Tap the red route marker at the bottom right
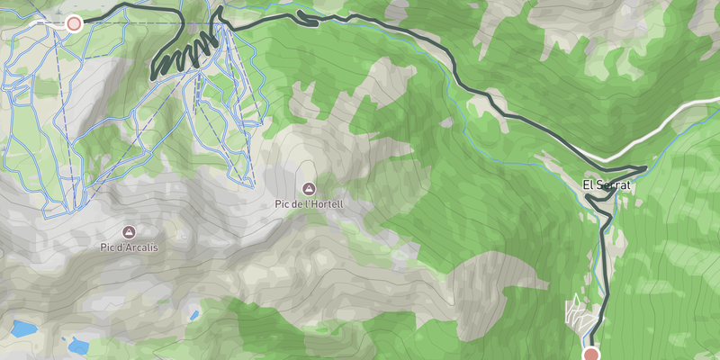pyautogui.click(x=591, y=354)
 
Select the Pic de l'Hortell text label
pyautogui.click(x=310, y=204)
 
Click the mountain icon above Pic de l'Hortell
pyautogui.click(x=310, y=189)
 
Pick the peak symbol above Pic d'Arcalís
pyautogui.click(x=130, y=230)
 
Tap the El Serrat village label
pyautogui.click(x=607, y=185)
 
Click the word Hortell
pyautogui.click(x=327, y=204)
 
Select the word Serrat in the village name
pyautogui.click(x=614, y=185)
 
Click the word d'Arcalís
pyautogui.click(x=142, y=246)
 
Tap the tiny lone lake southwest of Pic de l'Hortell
pyautogui.click(x=194, y=316)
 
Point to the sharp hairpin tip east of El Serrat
pyautogui.click(x=644, y=167)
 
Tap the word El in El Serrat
pyautogui.click(x=588, y=185)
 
